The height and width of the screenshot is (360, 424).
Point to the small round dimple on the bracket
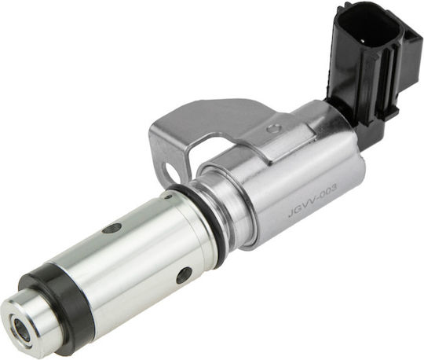(x=273, y=128)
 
